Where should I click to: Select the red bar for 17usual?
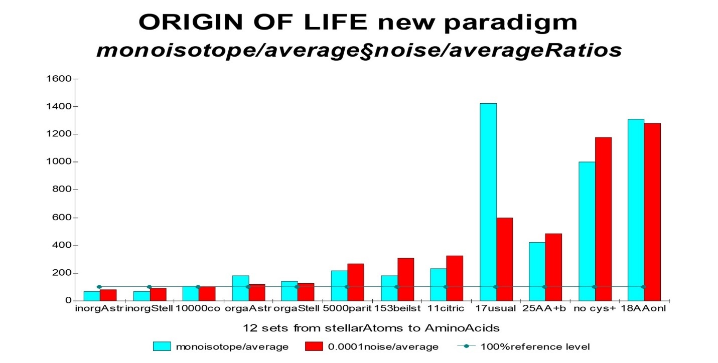coord(504,259)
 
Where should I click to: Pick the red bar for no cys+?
coord(603,219)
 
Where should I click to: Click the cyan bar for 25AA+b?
coord(537,271)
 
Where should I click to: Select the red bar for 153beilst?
coord(405,279)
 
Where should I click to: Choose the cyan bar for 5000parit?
coord(340,285)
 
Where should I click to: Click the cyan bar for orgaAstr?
coord(240,288)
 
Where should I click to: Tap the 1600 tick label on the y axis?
coord(58,79)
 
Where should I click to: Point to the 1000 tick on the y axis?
coord(58,162)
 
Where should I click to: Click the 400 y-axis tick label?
coord(61,245)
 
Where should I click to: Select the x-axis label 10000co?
coord(198,308)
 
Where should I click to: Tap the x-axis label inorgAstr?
coord(99,308)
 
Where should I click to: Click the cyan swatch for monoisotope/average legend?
coord(162,346)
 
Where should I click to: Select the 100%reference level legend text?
coord(535,346)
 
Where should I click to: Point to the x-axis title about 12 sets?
coord(371,328)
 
